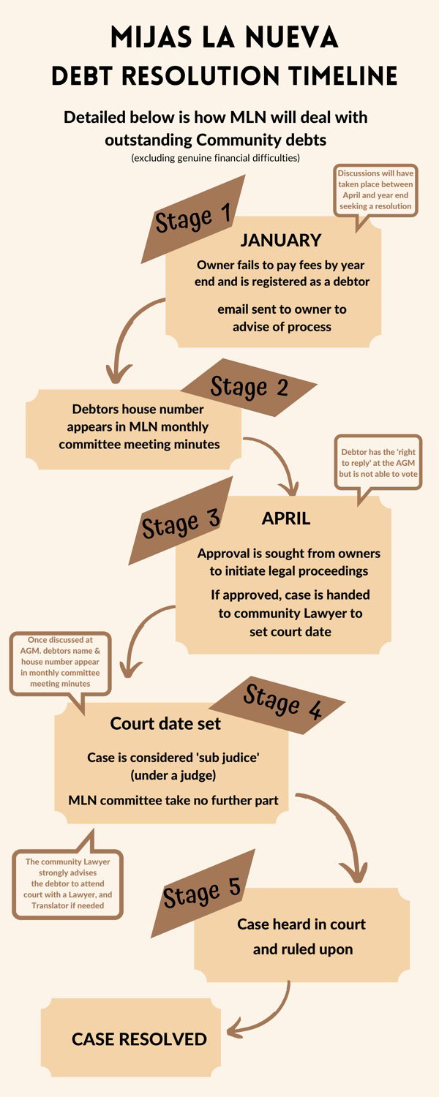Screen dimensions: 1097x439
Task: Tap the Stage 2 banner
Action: (x=249, y=388)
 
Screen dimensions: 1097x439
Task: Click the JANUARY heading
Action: (x=280, y=240)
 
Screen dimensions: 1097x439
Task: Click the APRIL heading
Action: (x=286, y=519)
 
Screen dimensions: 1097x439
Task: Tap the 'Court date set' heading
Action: (x=165, y=723)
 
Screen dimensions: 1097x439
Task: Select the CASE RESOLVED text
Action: (x=139, y=1038)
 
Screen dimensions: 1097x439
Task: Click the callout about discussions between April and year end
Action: (x=375, y=189)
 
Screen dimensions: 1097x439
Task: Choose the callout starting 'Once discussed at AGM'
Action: (x=60, y=662)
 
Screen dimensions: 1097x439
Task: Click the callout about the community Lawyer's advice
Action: (x=67, y=883)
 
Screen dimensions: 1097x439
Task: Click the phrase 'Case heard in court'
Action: (x=301, y=924)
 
